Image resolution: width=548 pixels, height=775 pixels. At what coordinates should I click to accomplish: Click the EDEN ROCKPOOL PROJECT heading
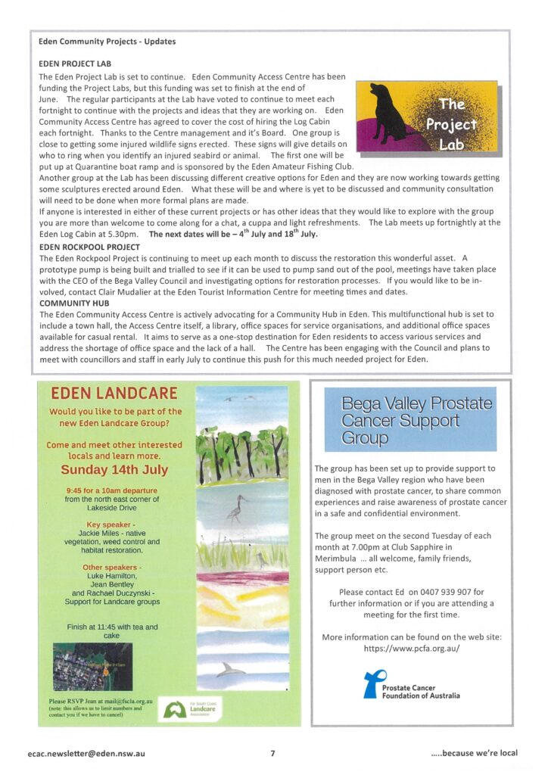pyautogui.click(x=89, y=247)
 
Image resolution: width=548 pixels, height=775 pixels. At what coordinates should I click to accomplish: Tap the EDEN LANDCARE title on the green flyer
pyautogui.click(x=114, y=394)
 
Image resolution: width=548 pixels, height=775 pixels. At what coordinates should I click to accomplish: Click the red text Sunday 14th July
pyautogui.click(x=114, y=470)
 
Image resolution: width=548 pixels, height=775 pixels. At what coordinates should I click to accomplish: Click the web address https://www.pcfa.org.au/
pyautogui.click(x=412, y=649)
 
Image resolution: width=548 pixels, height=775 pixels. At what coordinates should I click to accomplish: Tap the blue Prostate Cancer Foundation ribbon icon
pyautogui.click(x=372, y=683)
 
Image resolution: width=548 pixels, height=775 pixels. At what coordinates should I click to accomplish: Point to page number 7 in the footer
pyautogui.click(x=272, y=754)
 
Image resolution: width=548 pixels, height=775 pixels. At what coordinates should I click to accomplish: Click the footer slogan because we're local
pyautogui.click(x=474, y=754)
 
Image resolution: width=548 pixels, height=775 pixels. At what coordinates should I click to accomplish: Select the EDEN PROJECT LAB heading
pyautogui.click(x=75, y=64)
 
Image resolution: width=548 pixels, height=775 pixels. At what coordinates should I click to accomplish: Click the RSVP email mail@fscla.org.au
pyautogui.click(x=121, y=701)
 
